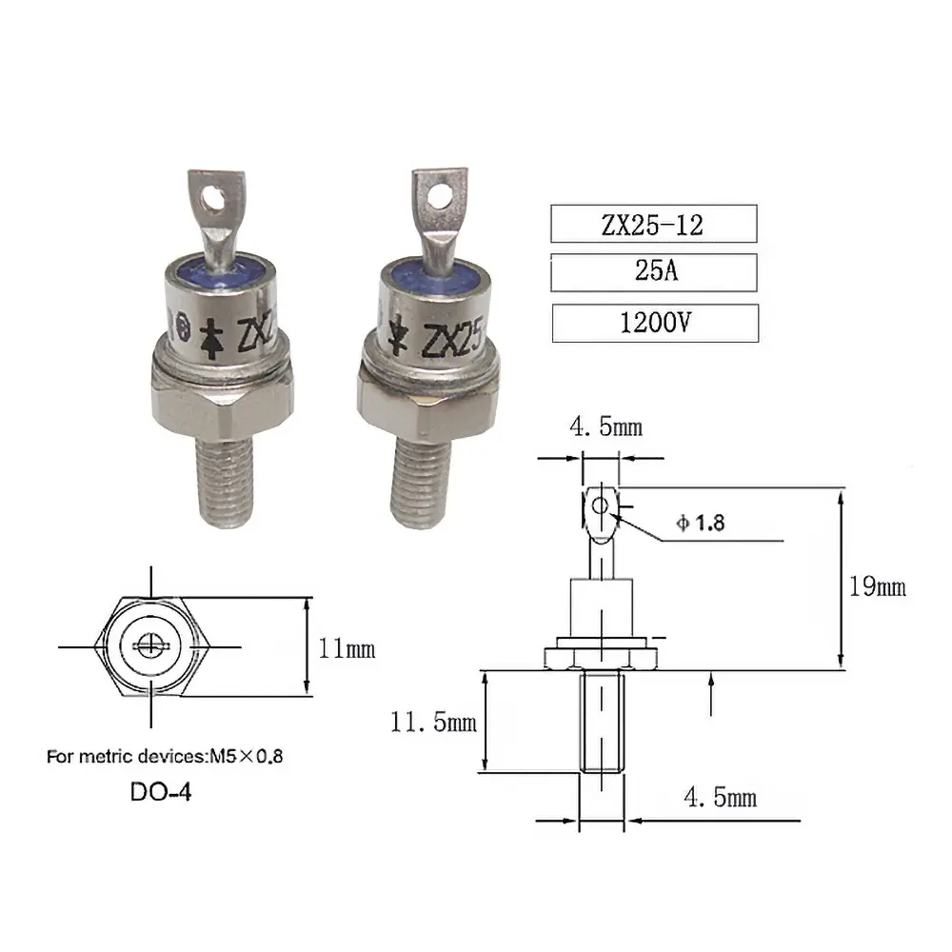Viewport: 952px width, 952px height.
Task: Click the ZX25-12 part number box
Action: tap(653, 225)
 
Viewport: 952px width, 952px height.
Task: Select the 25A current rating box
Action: tap(653, 273)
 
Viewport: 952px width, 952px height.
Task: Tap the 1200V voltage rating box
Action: tap(655, 323)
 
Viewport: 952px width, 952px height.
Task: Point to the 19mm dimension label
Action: tap(877, 586)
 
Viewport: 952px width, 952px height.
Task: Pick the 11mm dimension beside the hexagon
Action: tap(347, 649)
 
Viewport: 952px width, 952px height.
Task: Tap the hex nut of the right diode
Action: tap(428, 404)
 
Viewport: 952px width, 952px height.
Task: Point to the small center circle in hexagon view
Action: tap(149, 646)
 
